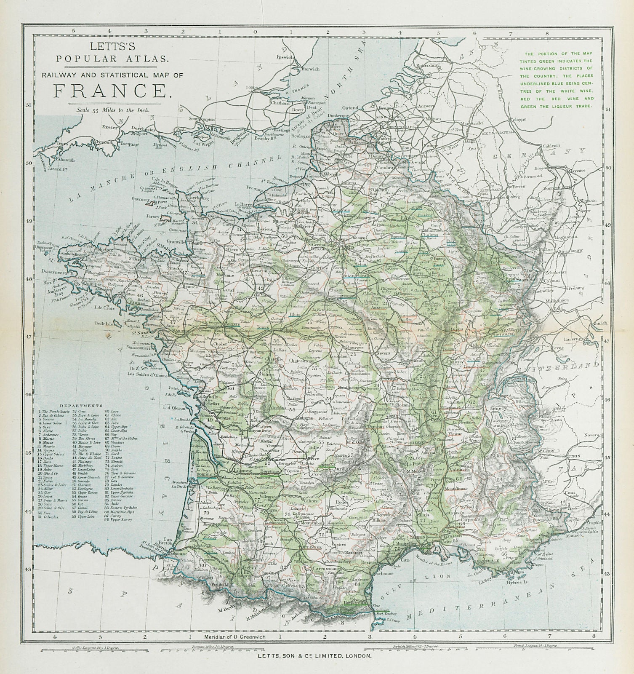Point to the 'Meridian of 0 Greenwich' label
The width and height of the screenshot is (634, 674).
(234, 637)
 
